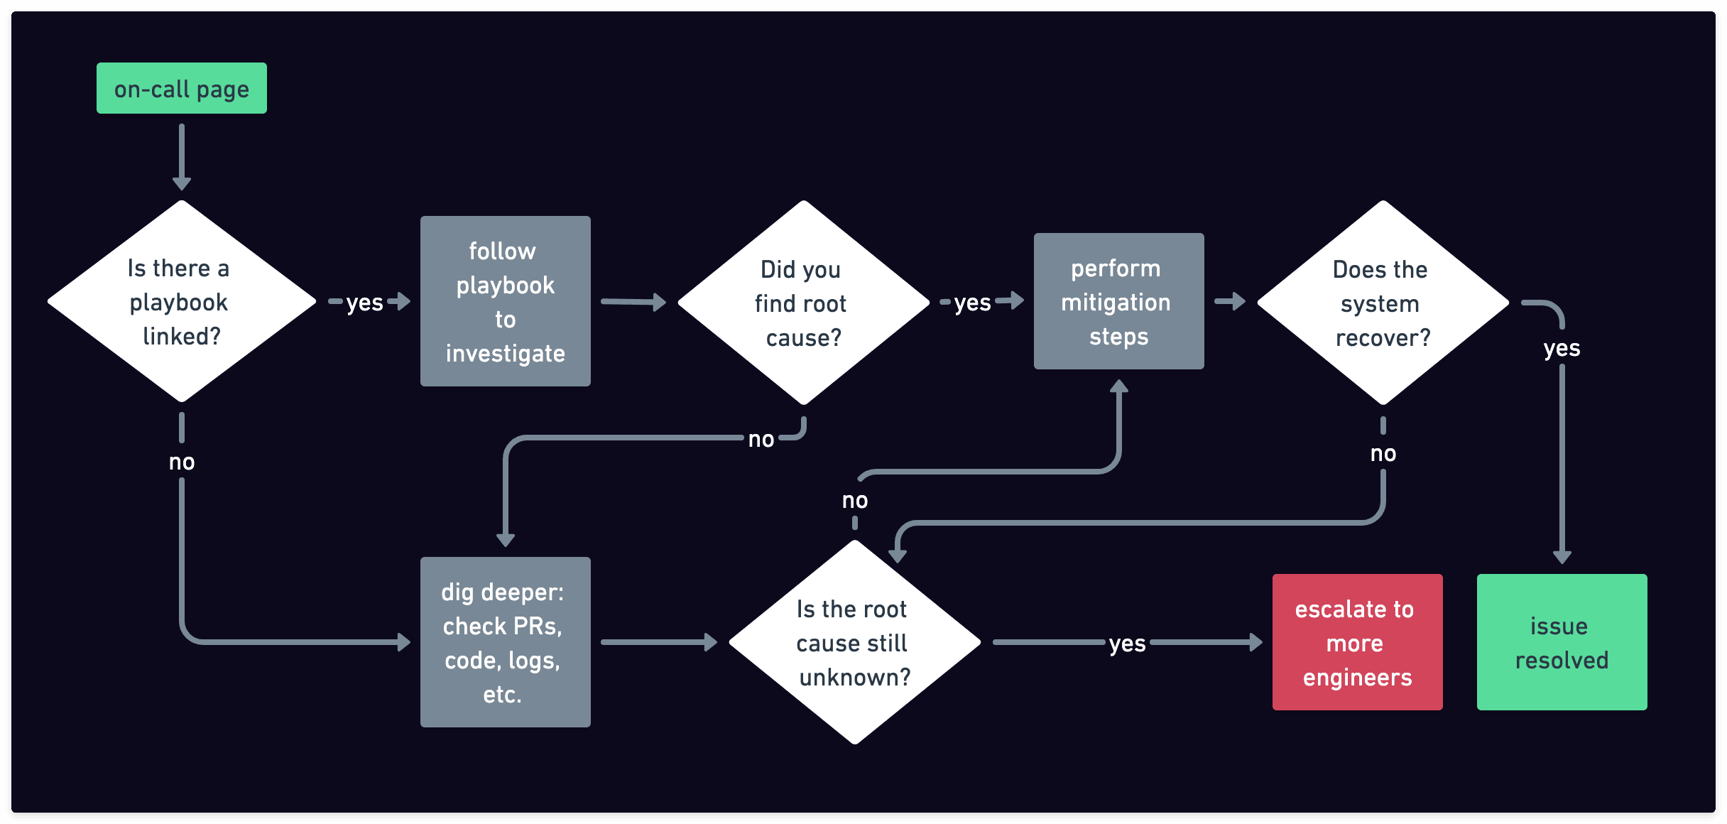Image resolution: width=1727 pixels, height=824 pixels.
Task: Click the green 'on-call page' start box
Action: [x=182, y=88]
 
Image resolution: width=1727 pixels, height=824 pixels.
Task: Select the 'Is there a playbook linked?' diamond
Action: [x=182, y=301]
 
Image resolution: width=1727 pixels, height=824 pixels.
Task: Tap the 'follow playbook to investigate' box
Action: [x=505, y=301]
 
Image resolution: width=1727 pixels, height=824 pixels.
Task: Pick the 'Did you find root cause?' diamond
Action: [x=803, y=303]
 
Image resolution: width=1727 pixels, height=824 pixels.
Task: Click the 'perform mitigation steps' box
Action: [x=1118, y=301]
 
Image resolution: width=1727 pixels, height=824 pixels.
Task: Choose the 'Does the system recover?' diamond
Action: [x=1383, y=303]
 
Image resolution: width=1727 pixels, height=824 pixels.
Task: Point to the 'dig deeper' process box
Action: [x=505, y=642]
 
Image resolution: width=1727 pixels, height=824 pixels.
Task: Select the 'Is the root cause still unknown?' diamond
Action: [x=855, y=642]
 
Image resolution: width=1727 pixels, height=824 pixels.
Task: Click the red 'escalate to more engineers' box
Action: [x=1357, y=642]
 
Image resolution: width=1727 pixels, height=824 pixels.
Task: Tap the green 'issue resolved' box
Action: [x=1562, y=642]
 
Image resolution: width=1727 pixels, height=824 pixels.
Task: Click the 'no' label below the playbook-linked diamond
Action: [x=182, y=462]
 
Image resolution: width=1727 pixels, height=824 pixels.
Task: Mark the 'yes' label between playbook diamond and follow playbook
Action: [x=364, y=303]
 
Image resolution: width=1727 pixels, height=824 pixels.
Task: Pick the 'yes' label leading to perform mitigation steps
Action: [x=972, y=303]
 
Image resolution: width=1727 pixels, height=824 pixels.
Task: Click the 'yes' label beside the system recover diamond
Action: [x=1562, y=348]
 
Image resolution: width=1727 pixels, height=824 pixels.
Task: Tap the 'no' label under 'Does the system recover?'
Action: [x=1383, y=453]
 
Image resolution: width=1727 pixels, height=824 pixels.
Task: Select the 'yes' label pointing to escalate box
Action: [x=1127, y=644]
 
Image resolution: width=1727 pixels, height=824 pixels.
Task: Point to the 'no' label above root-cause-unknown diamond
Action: [x=855, y=500]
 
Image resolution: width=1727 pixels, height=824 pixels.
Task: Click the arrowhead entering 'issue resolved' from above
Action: [x=1562, y=557]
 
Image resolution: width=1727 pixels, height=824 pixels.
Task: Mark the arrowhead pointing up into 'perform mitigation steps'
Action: [x=1119, y=386]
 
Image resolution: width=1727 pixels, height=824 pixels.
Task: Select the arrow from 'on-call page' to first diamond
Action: [x=182, y=156]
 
